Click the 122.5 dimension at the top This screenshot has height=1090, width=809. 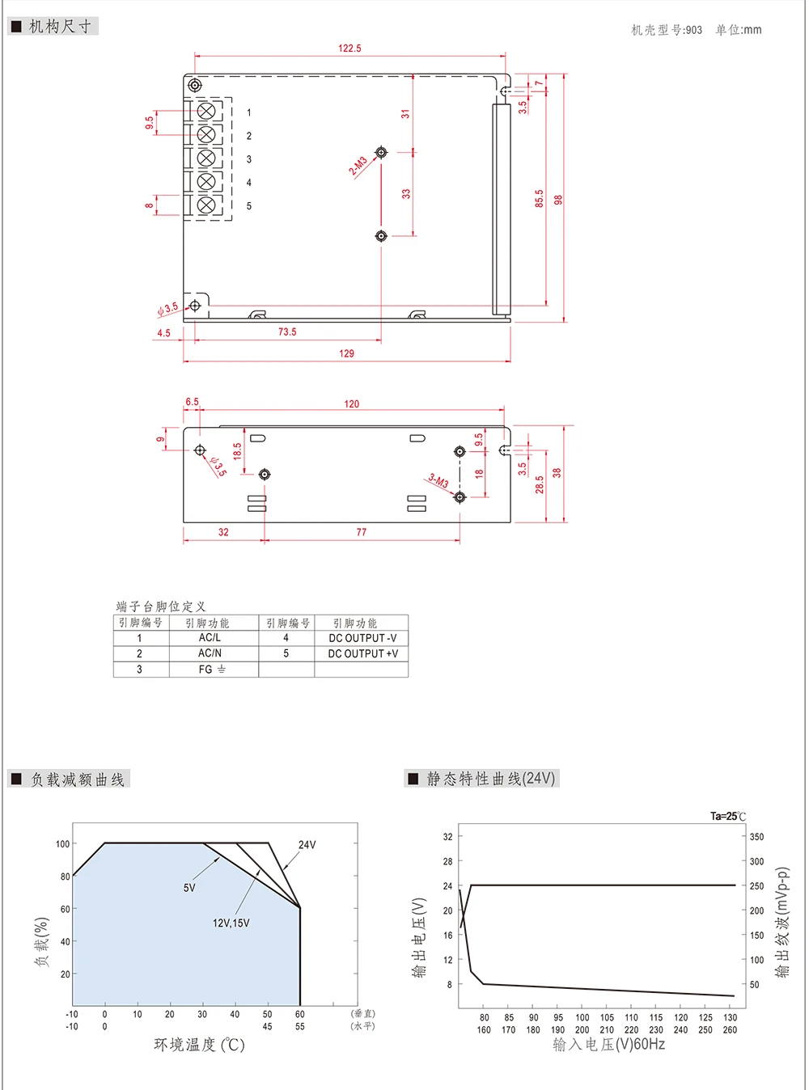(349, 49)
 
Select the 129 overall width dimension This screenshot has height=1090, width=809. (346, 353)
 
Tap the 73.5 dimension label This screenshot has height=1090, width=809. (287, 332)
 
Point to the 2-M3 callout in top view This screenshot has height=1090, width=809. (358, 166)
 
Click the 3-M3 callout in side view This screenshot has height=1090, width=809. (438, 482)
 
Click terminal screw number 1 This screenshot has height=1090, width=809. (206, 111)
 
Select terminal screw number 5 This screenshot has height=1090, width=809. (206, 205)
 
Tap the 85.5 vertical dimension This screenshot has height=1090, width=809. (539, 199)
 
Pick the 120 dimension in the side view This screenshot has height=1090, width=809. (351, 404)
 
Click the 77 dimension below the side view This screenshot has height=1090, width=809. (361, 532)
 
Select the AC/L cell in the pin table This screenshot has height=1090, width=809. (210, 638)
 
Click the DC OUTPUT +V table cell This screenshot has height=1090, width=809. (362, 653)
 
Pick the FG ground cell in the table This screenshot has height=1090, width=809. (212, 670)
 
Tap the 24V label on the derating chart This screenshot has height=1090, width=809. (307, 845)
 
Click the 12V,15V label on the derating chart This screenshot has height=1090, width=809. (231, 923)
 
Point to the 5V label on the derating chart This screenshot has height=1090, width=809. (189, 888)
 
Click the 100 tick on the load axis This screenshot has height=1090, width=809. (62, 844)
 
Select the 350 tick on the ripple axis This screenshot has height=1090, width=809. (756, 837)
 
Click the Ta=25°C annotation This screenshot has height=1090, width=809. (728, 817)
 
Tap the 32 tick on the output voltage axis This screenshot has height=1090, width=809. (447, 837)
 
